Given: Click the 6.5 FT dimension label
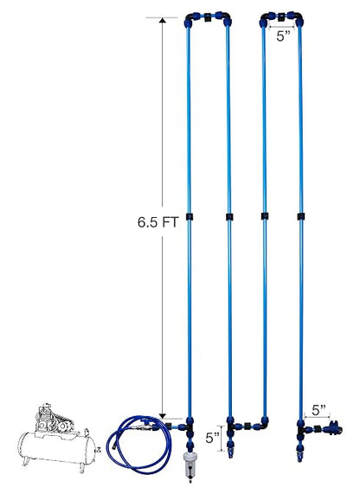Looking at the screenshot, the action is [157, 222].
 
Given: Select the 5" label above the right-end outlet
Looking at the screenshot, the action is [318, 410].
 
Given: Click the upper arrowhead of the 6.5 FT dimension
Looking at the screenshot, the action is [163, 21].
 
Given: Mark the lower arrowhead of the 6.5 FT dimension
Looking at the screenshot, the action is [163, 415].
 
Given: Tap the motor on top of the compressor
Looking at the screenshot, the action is [55, 419].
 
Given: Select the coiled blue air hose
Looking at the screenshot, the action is [139, 443].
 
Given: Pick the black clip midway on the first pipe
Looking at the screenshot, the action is [190, 216].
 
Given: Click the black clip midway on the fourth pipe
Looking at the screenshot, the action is [301, 216].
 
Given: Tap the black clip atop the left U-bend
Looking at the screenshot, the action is [209, 17].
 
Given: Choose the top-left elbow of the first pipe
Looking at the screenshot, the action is [190, 20].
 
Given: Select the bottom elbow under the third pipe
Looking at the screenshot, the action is [263, 424].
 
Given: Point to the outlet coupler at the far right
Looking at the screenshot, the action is [333, 428].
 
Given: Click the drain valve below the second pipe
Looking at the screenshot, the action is [229, 449].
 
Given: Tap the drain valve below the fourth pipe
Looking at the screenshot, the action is [299, 452].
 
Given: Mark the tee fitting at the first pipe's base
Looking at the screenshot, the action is [189, 426].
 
